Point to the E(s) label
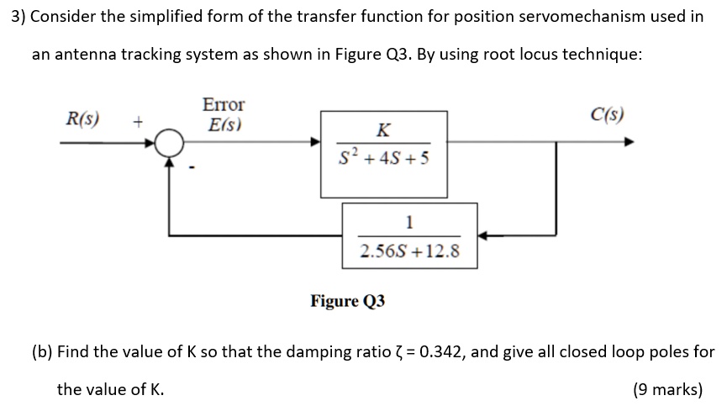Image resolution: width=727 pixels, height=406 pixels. [224, 125]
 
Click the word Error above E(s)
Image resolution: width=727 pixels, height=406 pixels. [224, 105]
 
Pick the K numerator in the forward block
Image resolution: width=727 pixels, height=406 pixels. [383, 129]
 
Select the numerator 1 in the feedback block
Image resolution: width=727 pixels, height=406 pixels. [409, 223]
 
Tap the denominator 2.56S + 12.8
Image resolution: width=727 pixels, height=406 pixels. [409, 250]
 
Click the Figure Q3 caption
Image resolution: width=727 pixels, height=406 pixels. [348, 300]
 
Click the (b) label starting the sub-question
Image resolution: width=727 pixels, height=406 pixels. [42, 352]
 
